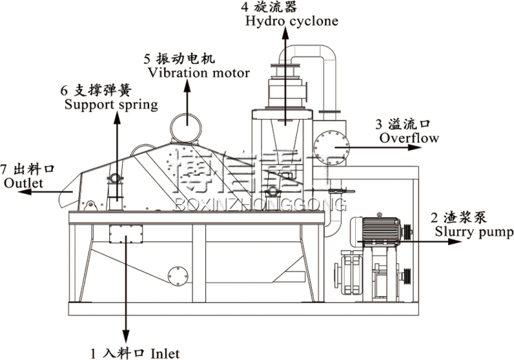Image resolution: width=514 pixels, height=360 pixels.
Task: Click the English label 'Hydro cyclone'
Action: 291,21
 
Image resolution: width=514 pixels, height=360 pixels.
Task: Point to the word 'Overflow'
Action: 409,138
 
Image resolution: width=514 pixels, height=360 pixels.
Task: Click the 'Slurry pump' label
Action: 473,232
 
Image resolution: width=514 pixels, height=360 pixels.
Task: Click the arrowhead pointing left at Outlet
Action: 23,193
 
